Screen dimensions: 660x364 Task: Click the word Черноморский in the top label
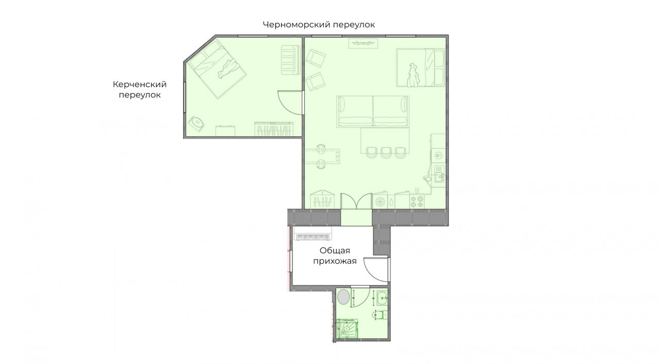click(296, 25)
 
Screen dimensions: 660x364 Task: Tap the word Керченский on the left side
click(140, 85)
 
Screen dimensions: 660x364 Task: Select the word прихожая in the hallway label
click(335, 261)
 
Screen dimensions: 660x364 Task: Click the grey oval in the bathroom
click(343, 297)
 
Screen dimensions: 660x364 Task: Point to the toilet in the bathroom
click(380, 316)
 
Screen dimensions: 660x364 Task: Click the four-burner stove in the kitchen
click(417, 201)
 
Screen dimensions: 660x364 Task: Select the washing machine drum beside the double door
click(381, 202)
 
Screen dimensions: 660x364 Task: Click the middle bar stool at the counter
click(385, 152)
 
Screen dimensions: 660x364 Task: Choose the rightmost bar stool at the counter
click(400, 152)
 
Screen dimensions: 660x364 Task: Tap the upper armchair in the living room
click(315, 58)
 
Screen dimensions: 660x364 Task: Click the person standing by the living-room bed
click(414, 75)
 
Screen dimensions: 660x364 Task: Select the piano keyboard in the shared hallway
click(312, 237)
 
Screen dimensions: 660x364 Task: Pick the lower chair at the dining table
click(321, 163)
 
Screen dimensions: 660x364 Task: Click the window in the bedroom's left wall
click(185, 97)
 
